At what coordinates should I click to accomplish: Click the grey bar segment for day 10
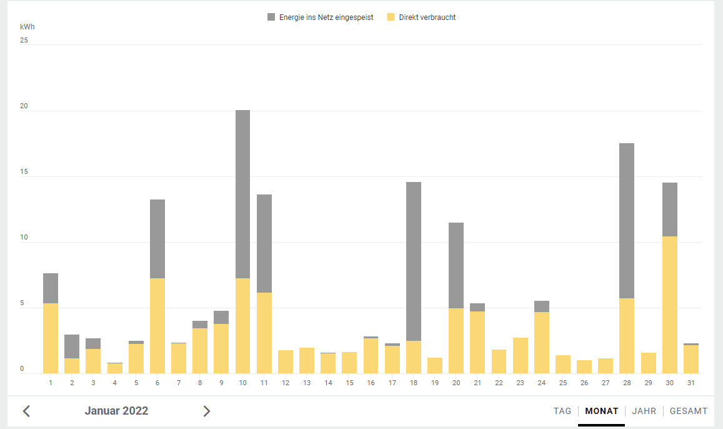pyautogui.click(x=242, y=194)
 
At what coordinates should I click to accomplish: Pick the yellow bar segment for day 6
pyautogui.click(x=157, y=326)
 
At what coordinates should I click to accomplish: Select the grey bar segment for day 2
pyautogui.click(x=72, y=346)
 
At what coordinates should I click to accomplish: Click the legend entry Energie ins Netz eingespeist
pyautogui.click(x=320, y=18)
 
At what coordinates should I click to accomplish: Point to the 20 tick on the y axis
pyautogui.click(x=24, y=106)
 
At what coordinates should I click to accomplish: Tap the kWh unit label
pyautogui.click(x=27, y=28)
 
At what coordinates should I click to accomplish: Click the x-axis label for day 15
pyautogui.click(x=349, y=383)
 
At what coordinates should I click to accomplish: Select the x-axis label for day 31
pyautogui.click(x=691, y=383)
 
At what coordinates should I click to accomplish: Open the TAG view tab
pyautogui.click(x=562, y=411)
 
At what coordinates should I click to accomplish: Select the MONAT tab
pyautogui.click(x=602, y=411)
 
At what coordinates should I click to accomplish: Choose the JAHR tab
pyautogui.click(x=644, y=411)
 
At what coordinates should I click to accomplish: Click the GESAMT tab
pyautogui.click(x=689, y=411)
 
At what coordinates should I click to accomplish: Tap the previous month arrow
pyautogui.click(x=26, y=411)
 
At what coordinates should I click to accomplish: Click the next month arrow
pyautogui.click(x=207, y=411)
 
